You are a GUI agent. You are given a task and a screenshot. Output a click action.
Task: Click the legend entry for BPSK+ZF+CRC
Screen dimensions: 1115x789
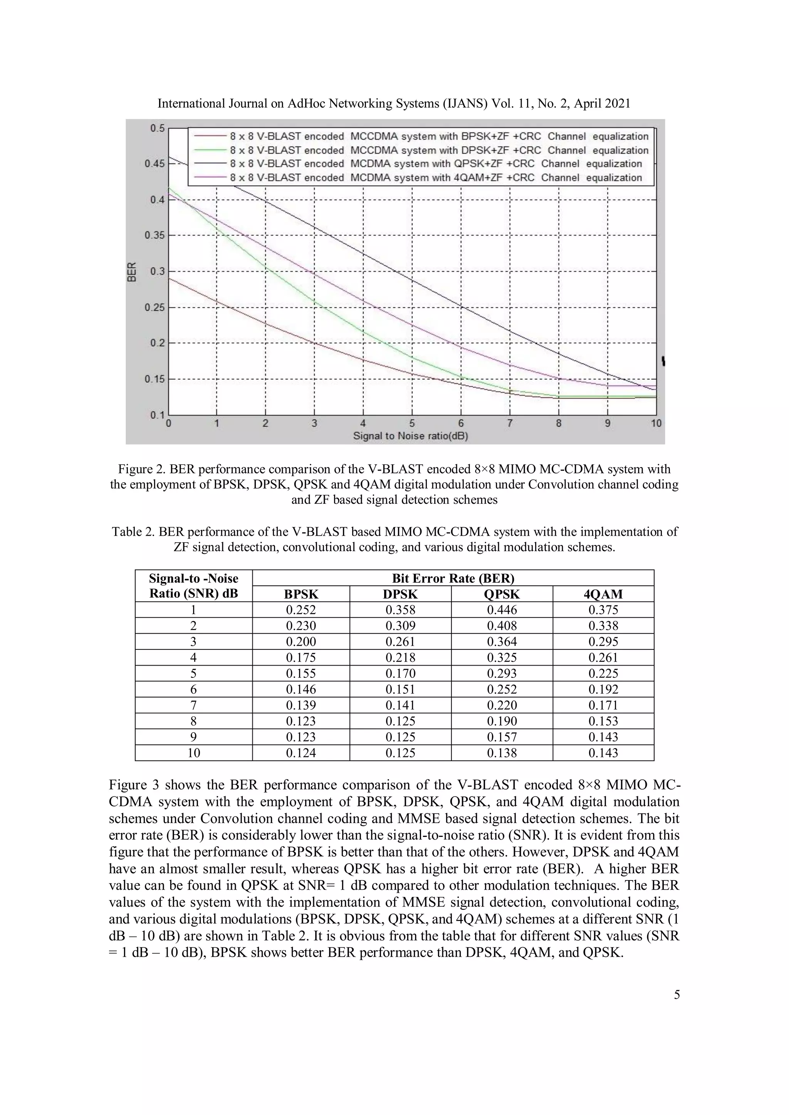[439, 136]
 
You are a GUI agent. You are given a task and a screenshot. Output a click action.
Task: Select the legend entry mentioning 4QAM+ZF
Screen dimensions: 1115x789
[436, 178]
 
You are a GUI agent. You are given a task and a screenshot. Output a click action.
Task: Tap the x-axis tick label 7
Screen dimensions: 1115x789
[510, 423]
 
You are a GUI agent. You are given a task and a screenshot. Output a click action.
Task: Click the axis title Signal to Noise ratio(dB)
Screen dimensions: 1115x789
[411, 436]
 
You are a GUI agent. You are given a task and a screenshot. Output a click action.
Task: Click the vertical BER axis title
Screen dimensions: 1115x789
[131, 272]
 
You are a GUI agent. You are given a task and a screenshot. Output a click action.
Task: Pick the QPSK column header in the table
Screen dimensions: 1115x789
[502, 594]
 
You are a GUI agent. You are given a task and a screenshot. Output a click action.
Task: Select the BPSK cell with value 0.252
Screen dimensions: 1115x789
[301, 610]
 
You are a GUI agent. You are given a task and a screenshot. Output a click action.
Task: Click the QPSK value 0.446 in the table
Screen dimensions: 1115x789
[502, 610]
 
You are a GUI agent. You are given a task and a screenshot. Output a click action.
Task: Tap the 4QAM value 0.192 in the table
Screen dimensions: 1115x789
[603, 689]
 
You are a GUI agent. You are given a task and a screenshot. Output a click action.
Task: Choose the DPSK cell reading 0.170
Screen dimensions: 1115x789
[400, 674]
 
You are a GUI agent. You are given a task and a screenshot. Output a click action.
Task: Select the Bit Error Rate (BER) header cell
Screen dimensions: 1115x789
[453, 578]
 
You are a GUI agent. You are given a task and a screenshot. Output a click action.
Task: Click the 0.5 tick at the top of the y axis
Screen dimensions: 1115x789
[157, 128]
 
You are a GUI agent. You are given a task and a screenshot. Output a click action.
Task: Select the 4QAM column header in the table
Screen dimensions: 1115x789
[603, 594]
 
